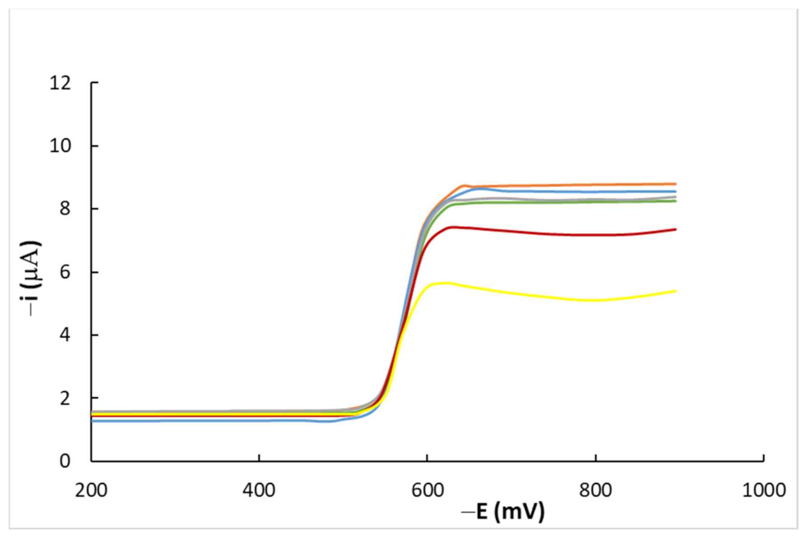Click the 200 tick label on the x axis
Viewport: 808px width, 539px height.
pos(91,490)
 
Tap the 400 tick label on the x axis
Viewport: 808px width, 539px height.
pos(258,490)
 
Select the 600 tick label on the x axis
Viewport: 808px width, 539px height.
pos(427,490)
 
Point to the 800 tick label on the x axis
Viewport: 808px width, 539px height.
pos(596,490)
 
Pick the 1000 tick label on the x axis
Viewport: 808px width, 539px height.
pos(764,490)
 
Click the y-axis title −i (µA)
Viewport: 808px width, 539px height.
pos(31,278)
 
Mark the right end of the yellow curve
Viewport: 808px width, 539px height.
pos(676,291)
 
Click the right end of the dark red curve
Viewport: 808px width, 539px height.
pos(676,229)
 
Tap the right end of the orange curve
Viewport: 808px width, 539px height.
pos(676,184)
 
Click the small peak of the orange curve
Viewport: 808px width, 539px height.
pos(464,185)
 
